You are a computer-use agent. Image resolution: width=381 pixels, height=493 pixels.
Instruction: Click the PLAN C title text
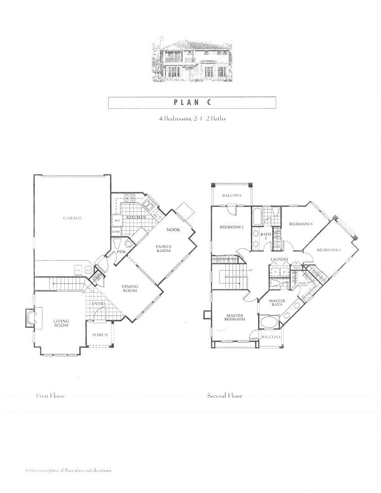point(192,102)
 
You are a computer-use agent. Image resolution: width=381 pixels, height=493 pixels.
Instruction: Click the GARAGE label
point(73,218)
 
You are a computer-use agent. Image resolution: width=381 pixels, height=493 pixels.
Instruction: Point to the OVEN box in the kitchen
point(116,232)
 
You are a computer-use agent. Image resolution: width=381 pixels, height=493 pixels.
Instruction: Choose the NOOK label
point(173,230)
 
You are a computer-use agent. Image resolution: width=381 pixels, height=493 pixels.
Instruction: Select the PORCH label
point(100,335)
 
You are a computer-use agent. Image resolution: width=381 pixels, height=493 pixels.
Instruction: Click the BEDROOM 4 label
point(329,250)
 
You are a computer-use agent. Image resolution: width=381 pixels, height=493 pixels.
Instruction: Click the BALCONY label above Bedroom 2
point(231,196)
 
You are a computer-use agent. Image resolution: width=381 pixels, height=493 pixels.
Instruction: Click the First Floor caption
point(51,396)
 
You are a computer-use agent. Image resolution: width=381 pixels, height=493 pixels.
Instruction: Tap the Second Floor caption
point(224,396)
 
